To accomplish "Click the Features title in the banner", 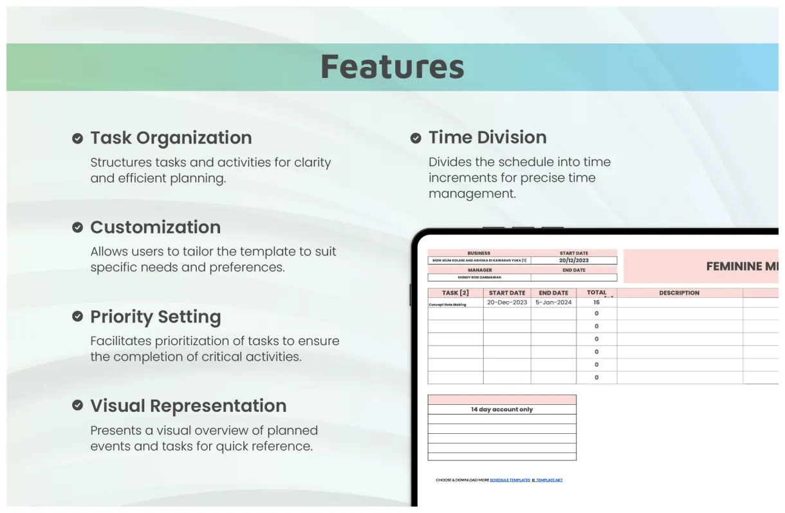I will (392, 67).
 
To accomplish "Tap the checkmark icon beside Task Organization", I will (77, 138).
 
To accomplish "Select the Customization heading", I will (155, 227).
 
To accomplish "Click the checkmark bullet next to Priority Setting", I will (77, 317).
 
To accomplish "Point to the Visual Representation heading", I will (188, 406).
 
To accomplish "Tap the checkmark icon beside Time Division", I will (416, 138).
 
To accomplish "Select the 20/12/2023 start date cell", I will (573, 261).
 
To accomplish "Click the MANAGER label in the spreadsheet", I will (479, 270).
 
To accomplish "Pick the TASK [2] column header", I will (456, 293).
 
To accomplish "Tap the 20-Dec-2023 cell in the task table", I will (507, 303).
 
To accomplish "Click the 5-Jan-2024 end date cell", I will (553, 303).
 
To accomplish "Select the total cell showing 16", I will (596, 303).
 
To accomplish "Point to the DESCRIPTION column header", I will (679, 293).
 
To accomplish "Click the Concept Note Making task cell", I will (447, 304).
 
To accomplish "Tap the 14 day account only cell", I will (502, 409).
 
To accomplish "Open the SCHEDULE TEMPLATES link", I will (510, 480).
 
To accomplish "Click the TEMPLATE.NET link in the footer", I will (548, 480).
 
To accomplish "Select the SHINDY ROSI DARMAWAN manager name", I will (479, 277).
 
